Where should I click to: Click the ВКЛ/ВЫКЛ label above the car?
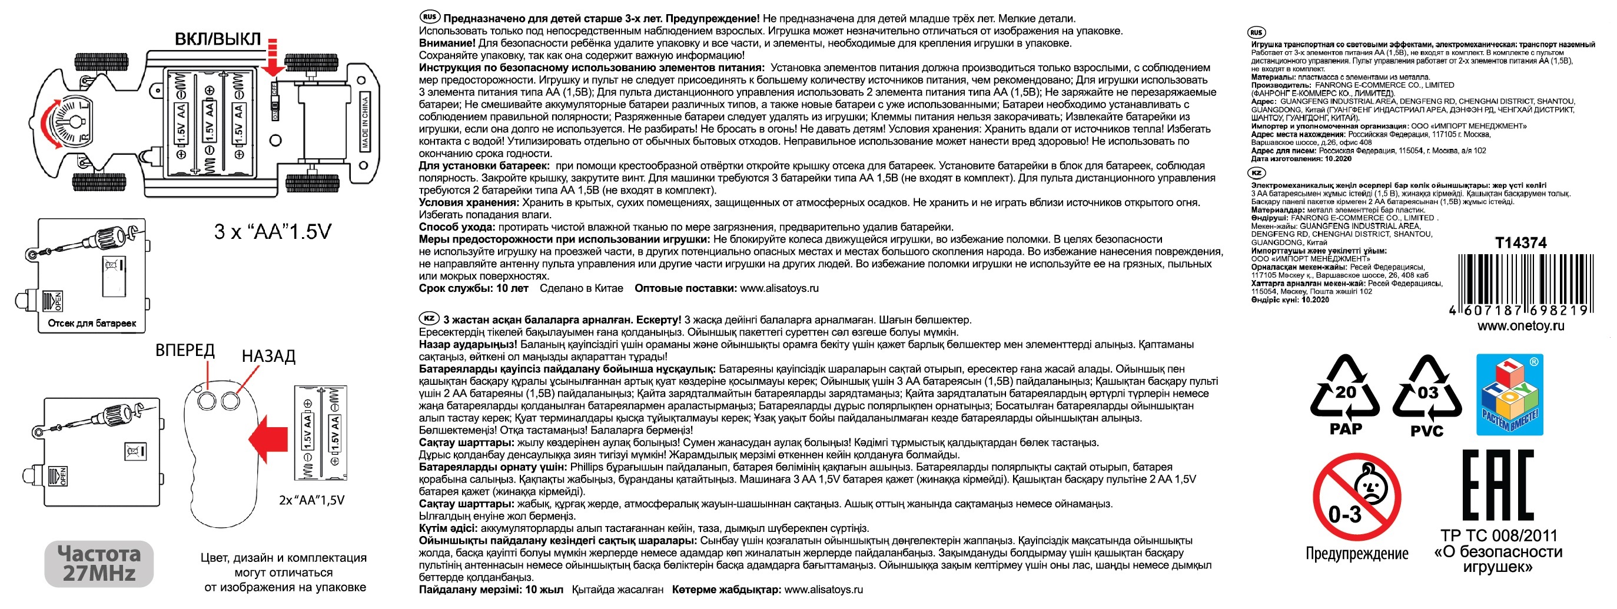point(217,39)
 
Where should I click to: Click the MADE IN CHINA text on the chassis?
point(365,122)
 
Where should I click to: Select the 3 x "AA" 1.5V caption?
point(273,231)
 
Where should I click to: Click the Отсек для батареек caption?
point(92,323)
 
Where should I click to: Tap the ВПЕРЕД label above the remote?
point(185,350)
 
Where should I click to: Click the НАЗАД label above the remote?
point(268,355)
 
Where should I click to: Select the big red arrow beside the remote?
point(267,438)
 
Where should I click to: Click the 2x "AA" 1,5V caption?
point(311,500)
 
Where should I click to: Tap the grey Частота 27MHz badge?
point(99,563)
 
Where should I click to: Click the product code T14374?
point(1520,243)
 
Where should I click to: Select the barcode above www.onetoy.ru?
point(1520,284)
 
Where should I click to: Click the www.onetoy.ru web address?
point(1520,325)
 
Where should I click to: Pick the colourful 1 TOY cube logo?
point(1509,394)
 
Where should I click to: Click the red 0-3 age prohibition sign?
point(1356,498)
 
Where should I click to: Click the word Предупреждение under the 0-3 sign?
point(1356,553)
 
